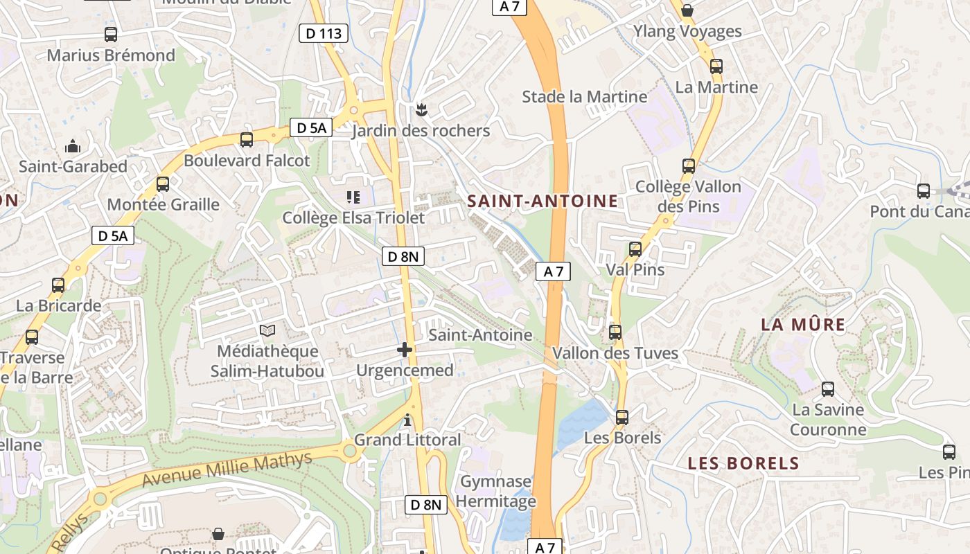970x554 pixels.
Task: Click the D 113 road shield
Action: pyautogui.click(x=323, y=33)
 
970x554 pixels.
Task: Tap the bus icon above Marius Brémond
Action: pyautogui.click(x=111, y=34)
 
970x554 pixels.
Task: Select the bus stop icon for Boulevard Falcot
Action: pyautogui.click(x=246, y=140)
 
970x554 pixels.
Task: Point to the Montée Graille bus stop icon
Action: pyautogui.click(x=163, y=184)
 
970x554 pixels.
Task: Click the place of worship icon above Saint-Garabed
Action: pyautogui.click(x=72, y=146)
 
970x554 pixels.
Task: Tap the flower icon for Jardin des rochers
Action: pyautogui.click(x=420, y=109)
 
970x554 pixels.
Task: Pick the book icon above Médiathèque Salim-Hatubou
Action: pyautogui.click(x=267, y=331)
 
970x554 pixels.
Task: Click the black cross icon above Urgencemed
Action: pyautogui.click(x=405, y=350)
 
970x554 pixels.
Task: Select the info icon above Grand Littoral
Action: pyautogui.click(x=407, y=420)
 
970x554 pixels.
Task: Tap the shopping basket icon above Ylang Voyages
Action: pyautogui.click(x=687, y=10)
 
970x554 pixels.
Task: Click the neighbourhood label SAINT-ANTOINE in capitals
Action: pyautogui.click(x=543, y=202)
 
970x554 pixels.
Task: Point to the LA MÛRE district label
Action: pyautogui.click(x=803, y=325)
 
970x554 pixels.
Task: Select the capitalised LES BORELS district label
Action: pyautogui.click(x=743, y=463)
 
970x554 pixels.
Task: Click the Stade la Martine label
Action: pyautogui.click(x=584, y=96)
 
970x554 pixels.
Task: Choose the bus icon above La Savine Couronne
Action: pyautogui.click(x=827, y=389)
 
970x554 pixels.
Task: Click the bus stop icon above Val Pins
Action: pyautogui.click(x=635, y=249)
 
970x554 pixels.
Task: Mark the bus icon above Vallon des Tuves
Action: pyautogui.click(x=615, y=332)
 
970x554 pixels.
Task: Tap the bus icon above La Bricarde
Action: pyautogui.click(x=58, y=285)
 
